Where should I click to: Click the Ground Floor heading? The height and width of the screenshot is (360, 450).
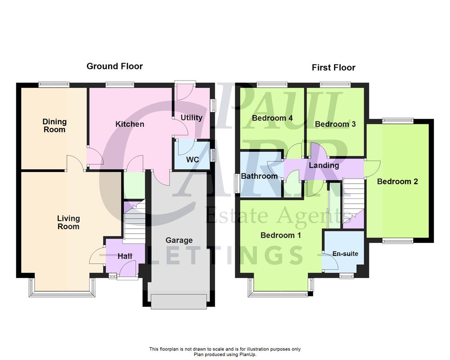(x=114, y=67)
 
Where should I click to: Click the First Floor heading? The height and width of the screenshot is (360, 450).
(x=333, y=68)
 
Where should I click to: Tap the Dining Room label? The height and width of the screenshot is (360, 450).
(x=54, y=126)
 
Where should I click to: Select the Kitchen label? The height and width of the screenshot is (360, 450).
(x=130, y=124)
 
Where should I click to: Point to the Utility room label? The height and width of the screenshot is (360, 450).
(x=191, y=117)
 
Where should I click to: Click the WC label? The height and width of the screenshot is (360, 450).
(x=192, y=160)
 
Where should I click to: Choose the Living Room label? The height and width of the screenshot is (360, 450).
(x=68, y=222)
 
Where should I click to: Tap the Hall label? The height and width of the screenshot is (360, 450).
(x=125, y=256)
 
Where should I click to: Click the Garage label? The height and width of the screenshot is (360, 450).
(x=179, y=240)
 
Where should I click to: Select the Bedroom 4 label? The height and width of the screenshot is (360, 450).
(x=266, y=118)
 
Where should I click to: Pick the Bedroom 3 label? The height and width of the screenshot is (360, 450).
(x=332, y=124)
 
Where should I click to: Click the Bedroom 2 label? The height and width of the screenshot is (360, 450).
(x=397, y=181)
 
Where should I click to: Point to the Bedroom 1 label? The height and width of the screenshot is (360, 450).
(x=281, y=235)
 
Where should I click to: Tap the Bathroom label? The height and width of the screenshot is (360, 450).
(x=259, y=176)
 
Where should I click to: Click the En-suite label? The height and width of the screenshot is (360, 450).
(x=345, y=254)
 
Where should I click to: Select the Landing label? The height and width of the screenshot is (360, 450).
(x=324, y=165)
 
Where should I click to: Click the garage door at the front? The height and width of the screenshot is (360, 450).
(x=180, y=301)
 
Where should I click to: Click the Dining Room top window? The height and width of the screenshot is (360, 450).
(x=54, y=83)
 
